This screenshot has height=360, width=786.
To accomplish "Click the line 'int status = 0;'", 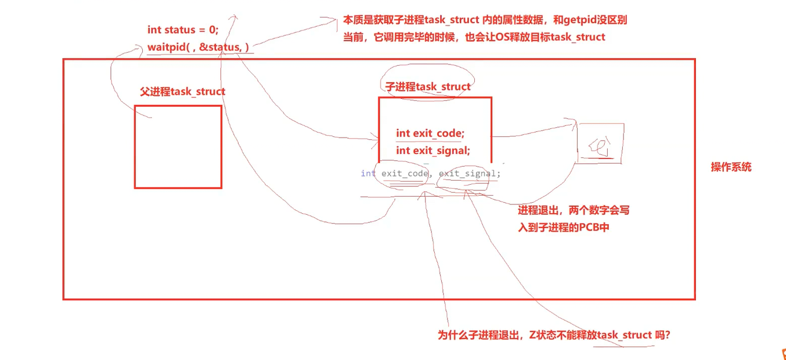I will [x=183, y=30].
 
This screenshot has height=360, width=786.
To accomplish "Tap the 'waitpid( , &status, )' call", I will [x=198, y=48].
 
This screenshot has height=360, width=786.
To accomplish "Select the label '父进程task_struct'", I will [x=182, y=92].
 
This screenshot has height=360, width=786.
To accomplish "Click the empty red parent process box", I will [x=178, y=147].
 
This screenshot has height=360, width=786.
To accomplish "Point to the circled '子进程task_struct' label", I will [x=428, y=87].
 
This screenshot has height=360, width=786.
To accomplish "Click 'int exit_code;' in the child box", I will [x=430, y=134].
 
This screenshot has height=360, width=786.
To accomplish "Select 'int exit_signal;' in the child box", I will [x=433, y=151].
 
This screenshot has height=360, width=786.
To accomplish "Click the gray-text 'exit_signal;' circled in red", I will [x=469, y=174].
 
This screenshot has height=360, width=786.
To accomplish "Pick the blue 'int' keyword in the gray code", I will [x=368, y=174].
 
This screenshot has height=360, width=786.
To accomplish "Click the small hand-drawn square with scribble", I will [x=600, y=143].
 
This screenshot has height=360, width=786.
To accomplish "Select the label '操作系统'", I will [x=731, y=167].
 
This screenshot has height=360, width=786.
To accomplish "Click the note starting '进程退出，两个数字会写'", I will [x=573, y=211].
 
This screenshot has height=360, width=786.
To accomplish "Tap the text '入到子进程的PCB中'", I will [x=563, y=228].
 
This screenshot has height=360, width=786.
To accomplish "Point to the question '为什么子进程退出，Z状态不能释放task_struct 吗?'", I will [x=554, y=335].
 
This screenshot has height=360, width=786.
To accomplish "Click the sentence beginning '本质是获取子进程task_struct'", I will [x=485, y=20].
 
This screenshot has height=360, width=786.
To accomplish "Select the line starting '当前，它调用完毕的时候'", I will [x=474, y=37].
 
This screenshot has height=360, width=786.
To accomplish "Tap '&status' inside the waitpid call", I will [x=219, y=48].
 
